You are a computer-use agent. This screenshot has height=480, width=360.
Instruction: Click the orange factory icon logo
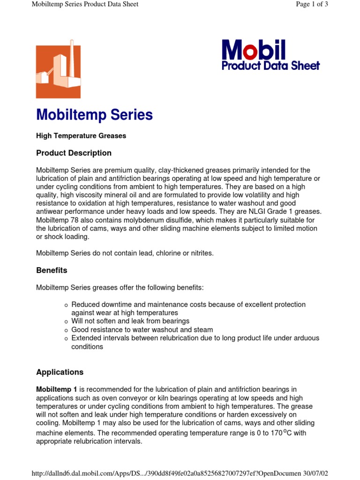click(58, 71)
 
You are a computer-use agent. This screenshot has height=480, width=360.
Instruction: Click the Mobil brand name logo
click(253, 50)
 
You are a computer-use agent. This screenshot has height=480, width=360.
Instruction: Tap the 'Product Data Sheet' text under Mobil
click(270, 66)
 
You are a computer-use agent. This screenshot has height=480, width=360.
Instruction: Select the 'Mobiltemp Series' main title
click(94, 115)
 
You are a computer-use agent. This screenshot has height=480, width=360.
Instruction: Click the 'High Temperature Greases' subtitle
click(81, 136)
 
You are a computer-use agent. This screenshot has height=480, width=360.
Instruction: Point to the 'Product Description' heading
click(74, 153)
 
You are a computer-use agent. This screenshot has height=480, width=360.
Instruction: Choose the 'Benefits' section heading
click(52, 270)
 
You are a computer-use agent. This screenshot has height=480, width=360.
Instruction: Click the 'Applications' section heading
click(60, 372)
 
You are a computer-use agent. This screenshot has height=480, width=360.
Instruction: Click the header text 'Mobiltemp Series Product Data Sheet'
click(85, 4)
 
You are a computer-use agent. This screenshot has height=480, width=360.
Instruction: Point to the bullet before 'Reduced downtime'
click(66, 305)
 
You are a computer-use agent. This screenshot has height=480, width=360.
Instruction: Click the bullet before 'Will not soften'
click(66, 322)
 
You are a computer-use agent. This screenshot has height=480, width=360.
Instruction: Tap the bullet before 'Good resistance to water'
click(66, 330)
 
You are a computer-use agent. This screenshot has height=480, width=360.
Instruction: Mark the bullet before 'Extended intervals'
click(66, 339)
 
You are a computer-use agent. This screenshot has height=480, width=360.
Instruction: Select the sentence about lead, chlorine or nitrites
click(125, 253)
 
